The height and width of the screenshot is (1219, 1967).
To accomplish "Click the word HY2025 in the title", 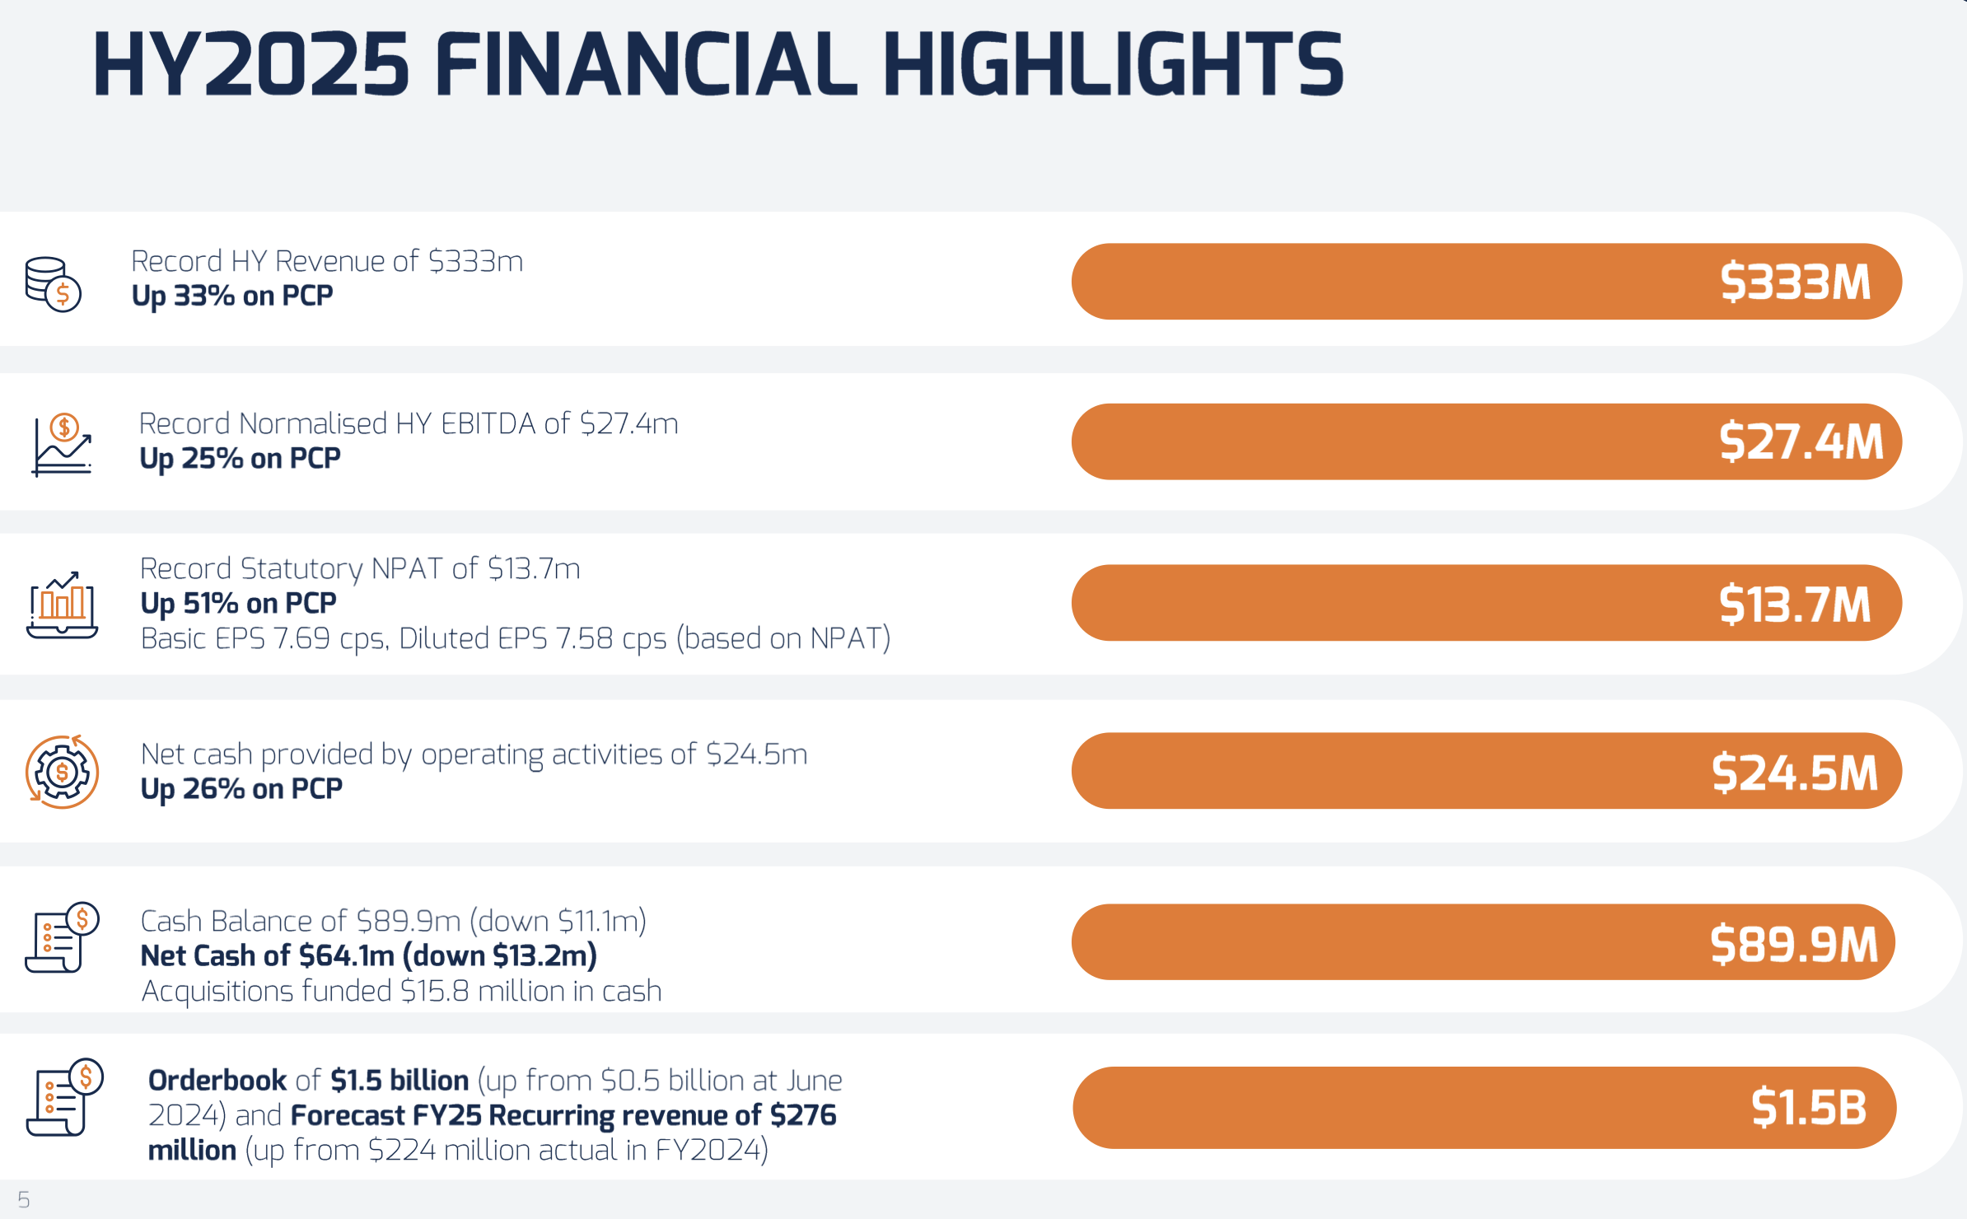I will tap(251, 64).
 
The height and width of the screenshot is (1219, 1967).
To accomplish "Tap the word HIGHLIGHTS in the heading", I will tap(1113, 64).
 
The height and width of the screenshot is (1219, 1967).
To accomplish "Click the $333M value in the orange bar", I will tap(1795, 282).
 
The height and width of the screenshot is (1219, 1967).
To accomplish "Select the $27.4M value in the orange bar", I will tap(1801, 441).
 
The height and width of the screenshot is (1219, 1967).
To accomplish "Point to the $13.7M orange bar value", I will tap(1795, 604).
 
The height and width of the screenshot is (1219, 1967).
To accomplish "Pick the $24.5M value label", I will tap(1795, 773).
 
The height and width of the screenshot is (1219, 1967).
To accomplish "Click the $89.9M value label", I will tap(1794, 944).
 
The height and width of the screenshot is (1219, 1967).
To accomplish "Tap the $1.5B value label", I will tap(1809, 1107).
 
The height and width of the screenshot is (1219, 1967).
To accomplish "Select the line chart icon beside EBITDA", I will tap(62, 445).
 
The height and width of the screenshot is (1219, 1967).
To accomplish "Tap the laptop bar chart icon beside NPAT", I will tap(62, 605).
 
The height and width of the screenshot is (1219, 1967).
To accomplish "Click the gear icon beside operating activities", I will tap(62, 773).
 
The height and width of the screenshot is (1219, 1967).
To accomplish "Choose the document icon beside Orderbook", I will tap(63, 1098).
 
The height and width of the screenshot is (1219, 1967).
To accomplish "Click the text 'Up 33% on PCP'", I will tap(232, 296).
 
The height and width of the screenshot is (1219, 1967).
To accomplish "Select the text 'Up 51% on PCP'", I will tap(239, 604).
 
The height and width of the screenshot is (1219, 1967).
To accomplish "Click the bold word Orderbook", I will tap(217, 1080).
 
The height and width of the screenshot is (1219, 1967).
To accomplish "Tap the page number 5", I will tap(24, 1200).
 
